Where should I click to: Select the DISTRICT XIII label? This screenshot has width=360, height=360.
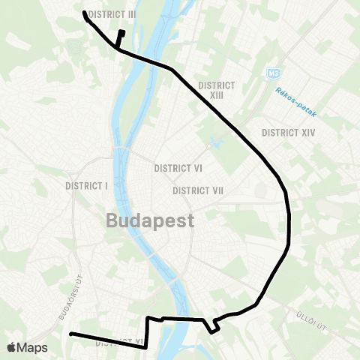click(x=217, y=90)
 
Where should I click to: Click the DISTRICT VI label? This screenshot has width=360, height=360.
click(x=177, y=168)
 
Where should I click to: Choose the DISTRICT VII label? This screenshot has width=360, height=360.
click(x=199, y=191)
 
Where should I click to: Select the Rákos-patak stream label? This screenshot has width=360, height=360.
click(x=296, y=103)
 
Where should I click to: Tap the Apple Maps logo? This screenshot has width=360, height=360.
click(x=27, y=347)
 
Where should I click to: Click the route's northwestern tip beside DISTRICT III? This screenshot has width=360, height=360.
click(x=84, y=12)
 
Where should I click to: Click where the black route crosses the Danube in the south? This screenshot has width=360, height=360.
click(x=180, y=319)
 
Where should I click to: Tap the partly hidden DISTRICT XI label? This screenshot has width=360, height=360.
click(x=120, y=344)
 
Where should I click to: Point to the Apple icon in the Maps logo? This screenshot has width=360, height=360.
click(x=11, y=347)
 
